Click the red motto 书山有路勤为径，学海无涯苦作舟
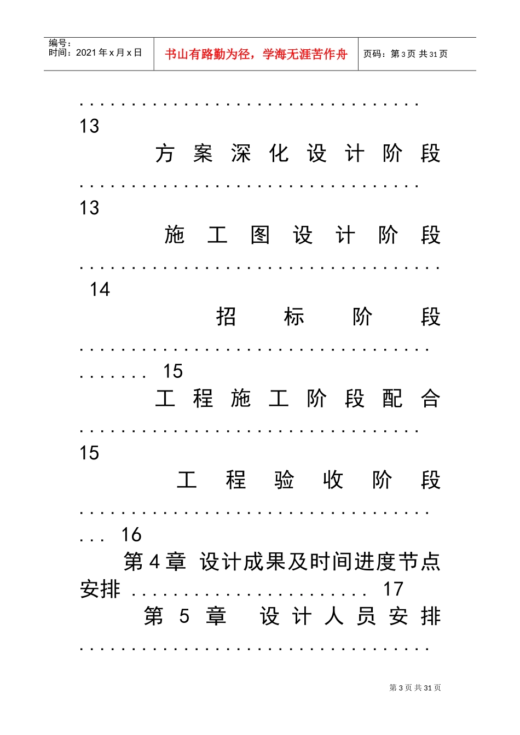tap(256, 54)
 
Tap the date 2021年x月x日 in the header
tap(109, 52)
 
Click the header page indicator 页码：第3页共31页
tap(406, 54)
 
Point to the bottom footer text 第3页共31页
tap(415, 688)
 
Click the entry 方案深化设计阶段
tap(298, 154)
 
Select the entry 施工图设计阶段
tap(303, 235)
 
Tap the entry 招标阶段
tap(328, 317)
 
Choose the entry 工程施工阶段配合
tap(298, 399)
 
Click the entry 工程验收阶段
tap(309, 480)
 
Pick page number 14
tap(100, 289)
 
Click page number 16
tap(131, 534)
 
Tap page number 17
tap(393, 589)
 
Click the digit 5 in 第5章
tap(184, 616)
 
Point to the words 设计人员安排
tap(350, 616)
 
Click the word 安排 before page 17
tap(100, 590)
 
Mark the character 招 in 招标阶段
tap(226, 317)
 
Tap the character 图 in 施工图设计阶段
tap(260, 235)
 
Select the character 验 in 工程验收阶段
tap(284, 480)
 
